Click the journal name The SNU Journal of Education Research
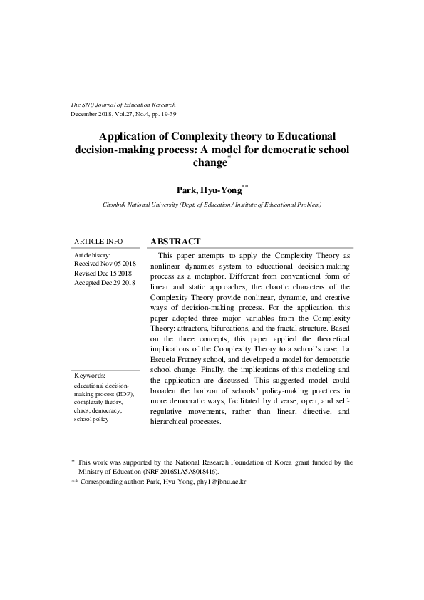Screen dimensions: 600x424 tap(123, 105)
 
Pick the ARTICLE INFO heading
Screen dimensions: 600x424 tap(98, 242)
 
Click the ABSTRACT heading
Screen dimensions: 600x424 tap(175, 242)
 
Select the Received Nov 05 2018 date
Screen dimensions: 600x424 tap(104, 264)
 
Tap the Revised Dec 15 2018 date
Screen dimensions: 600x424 tap(103, 274)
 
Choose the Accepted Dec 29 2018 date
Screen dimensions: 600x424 tap(105, 283)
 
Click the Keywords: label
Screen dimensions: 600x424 tap(90, 375)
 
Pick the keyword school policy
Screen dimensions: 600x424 tap(91, 420)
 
